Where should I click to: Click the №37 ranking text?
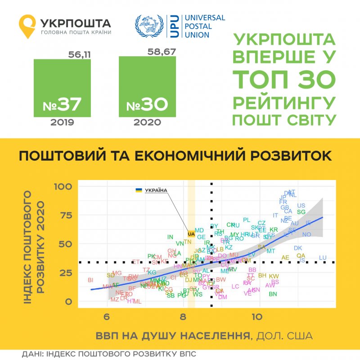coord(62,105)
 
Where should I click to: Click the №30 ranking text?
coord(147,105)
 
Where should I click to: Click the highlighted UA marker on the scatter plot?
coord(191,234)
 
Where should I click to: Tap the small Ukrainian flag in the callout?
coord(138,190)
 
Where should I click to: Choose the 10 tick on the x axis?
coord(257,316)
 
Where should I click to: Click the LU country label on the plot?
coord(323,257)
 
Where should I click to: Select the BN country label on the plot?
coord(272,294)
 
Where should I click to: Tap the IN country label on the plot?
coord(170,237)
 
